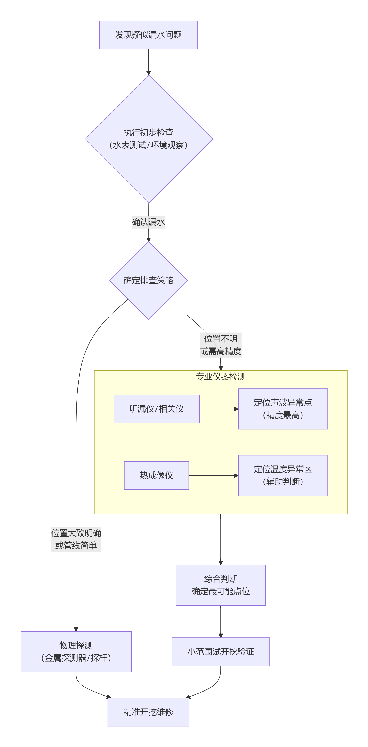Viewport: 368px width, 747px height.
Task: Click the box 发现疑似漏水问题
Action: [x=148, y=35]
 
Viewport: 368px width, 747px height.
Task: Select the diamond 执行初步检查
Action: [x=149, y=139]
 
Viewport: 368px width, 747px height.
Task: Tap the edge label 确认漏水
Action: [x=148, y=222]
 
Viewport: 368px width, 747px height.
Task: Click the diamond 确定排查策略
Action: [x=149, y=280]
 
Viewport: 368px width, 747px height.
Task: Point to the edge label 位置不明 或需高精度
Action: [x=220, y=345]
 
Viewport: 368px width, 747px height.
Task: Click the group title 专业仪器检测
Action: [x=220, y=376]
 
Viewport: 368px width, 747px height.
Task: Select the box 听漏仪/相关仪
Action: [x=156, y=409]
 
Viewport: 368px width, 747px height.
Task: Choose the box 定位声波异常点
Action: [x=283, y=409]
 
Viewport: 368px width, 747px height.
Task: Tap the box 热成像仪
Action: [x=156, y=475]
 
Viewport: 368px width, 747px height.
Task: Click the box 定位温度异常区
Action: [x=283, y=475]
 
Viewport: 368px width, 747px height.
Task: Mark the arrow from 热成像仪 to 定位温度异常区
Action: [x=213, y=475]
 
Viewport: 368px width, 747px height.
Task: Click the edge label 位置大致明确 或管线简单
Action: [x=76, y=539]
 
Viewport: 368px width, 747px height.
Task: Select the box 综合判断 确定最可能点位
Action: [x=220, y=585]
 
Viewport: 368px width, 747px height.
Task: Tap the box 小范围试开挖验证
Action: [x=220, y=652]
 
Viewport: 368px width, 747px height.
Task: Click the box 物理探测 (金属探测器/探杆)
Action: [x=76, y=652]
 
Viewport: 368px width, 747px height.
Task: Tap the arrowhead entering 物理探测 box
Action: [x=76, y=629]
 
